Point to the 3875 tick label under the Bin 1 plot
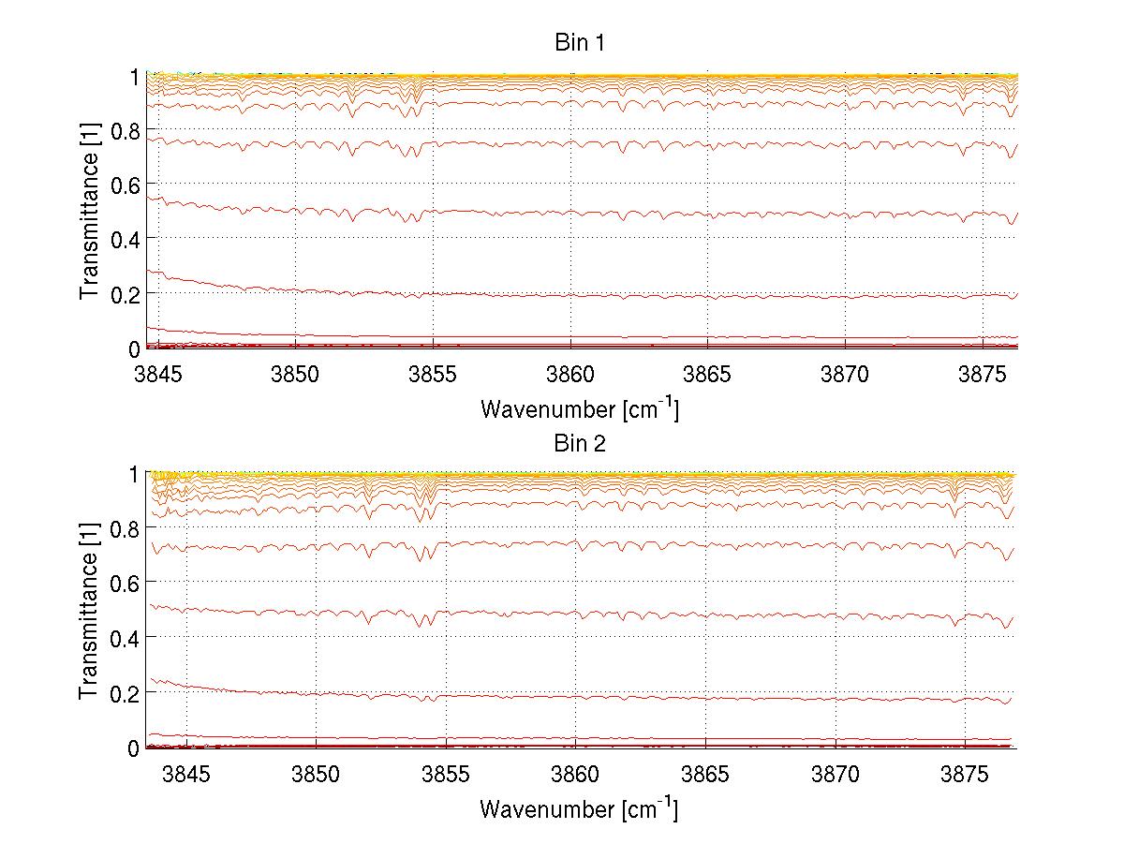(983, 373)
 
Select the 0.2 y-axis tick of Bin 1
(122, 294)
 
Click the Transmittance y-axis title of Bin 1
(89, 211)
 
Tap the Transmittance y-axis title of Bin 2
(89, 611)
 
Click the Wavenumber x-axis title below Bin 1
(579, 408)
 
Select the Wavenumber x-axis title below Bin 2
(579, 808)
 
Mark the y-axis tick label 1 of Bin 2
(134, 474)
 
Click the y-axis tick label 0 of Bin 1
(134, 349)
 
